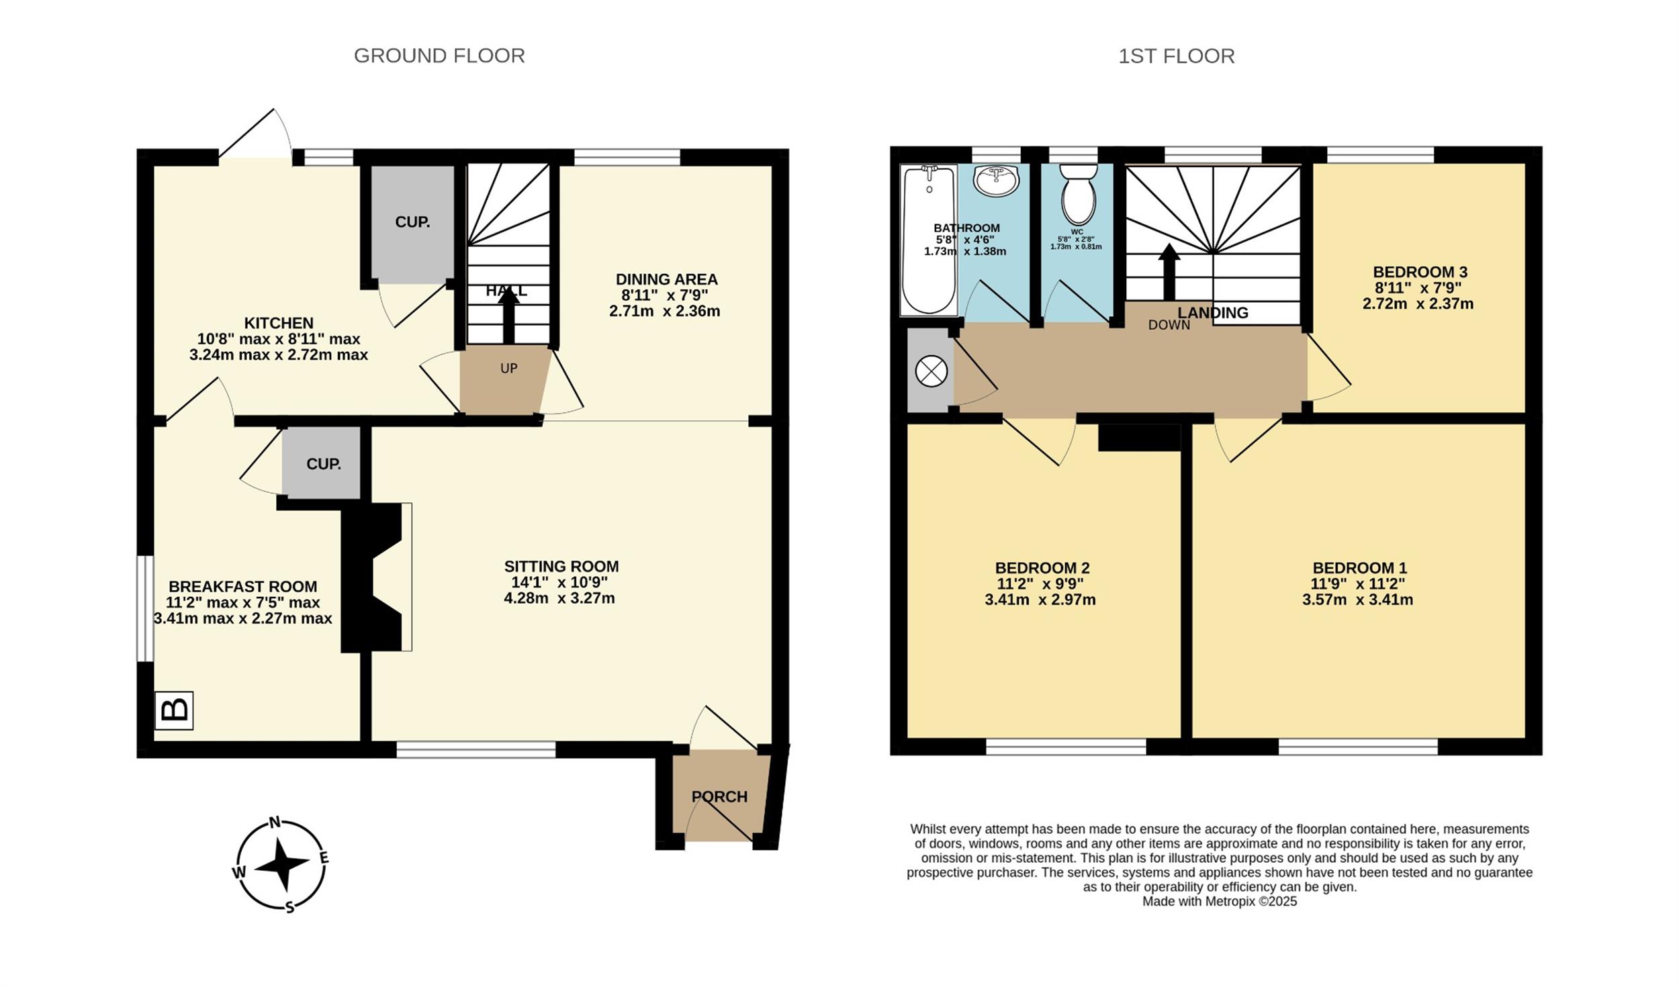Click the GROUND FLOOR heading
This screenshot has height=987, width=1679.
pyautogui.click(x=439, y=56)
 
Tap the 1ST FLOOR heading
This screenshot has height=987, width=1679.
pyautogui.click(x=1176, y=56)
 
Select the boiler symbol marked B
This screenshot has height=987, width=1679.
pyautogui.click(x=174, y=710)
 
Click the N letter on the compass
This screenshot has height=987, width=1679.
pyautogui.click(x=275, y=822)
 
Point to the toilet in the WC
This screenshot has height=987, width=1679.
pyautogui.click(x=1079, y=194)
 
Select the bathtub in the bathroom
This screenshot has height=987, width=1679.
pyautogui.click(x=929, y=240)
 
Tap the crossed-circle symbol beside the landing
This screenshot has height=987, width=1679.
pyautogui.click(x=932, y=371)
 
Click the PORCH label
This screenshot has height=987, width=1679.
pyautogui.click(x=719, y=797)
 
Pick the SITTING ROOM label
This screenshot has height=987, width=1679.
pyautogui.click(x=561, y=566)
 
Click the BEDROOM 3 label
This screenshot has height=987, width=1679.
pyautogui.click(x=1420, y=272)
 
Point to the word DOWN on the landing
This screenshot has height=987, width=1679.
pyautogui.click(x=1169, y=325)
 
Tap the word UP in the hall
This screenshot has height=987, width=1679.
pyautogui.click(x=508, y=368)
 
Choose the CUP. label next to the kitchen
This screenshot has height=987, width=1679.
pyautogui.click(x=412, y=222)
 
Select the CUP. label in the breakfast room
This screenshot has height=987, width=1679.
pyautogui.click(x=324, y=464)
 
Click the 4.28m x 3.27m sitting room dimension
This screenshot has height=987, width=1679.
pyautogui.click(x=559, y=598)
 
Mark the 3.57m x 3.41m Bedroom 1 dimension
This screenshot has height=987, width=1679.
pyautogui.click(x=1357, y=600)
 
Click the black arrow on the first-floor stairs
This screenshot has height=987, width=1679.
pyautogui.click(x=1169, y=272)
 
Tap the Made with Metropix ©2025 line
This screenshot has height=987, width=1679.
pyautogui.click(x=1220, y=902)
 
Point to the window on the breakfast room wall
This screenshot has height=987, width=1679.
pyautogui.click(x=145, y=608)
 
